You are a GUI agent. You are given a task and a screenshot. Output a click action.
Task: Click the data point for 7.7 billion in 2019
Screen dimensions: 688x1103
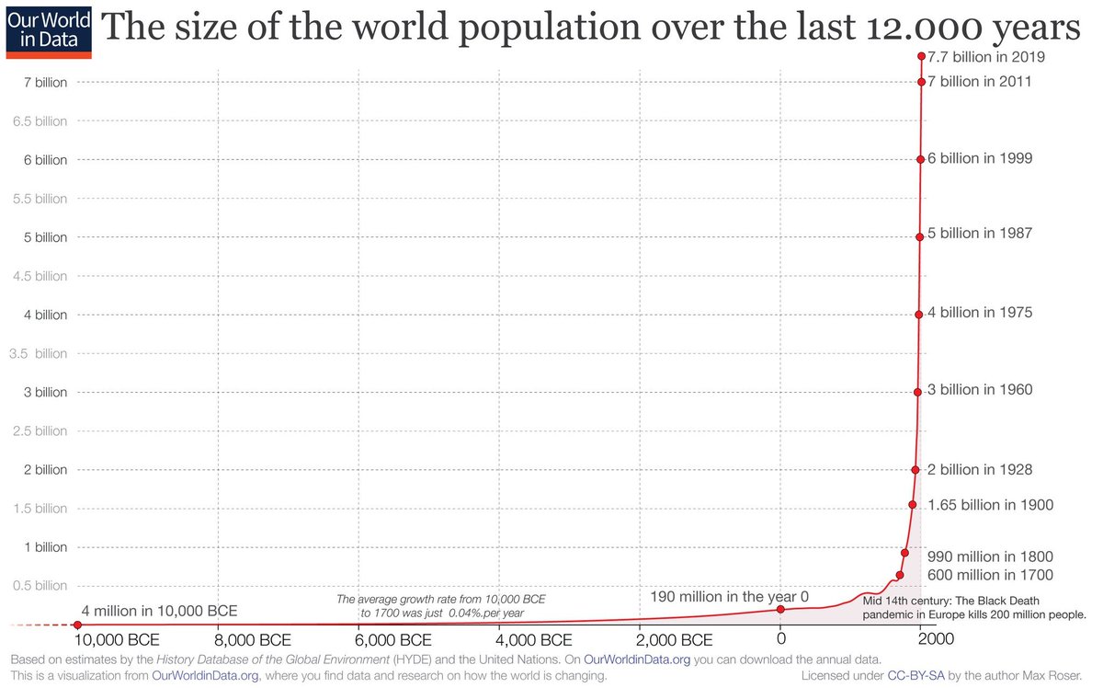921,56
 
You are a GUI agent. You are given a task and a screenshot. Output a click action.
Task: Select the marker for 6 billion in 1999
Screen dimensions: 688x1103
920,159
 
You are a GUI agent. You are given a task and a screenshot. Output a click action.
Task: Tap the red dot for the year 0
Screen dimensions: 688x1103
780,609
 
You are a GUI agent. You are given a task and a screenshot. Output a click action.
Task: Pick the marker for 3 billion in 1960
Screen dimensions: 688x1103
917,392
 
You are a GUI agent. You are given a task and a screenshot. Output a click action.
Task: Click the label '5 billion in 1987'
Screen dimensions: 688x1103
980,234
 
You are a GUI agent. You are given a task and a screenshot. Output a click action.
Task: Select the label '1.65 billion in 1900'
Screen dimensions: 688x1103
990,505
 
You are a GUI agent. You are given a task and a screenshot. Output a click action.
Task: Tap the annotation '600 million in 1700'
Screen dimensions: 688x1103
990,575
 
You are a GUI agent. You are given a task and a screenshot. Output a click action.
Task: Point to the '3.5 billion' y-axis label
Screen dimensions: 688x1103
38,353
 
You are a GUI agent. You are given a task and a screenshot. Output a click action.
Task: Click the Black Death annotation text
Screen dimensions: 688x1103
974,607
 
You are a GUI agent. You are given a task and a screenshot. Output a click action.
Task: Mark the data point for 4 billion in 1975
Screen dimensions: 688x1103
918,315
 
